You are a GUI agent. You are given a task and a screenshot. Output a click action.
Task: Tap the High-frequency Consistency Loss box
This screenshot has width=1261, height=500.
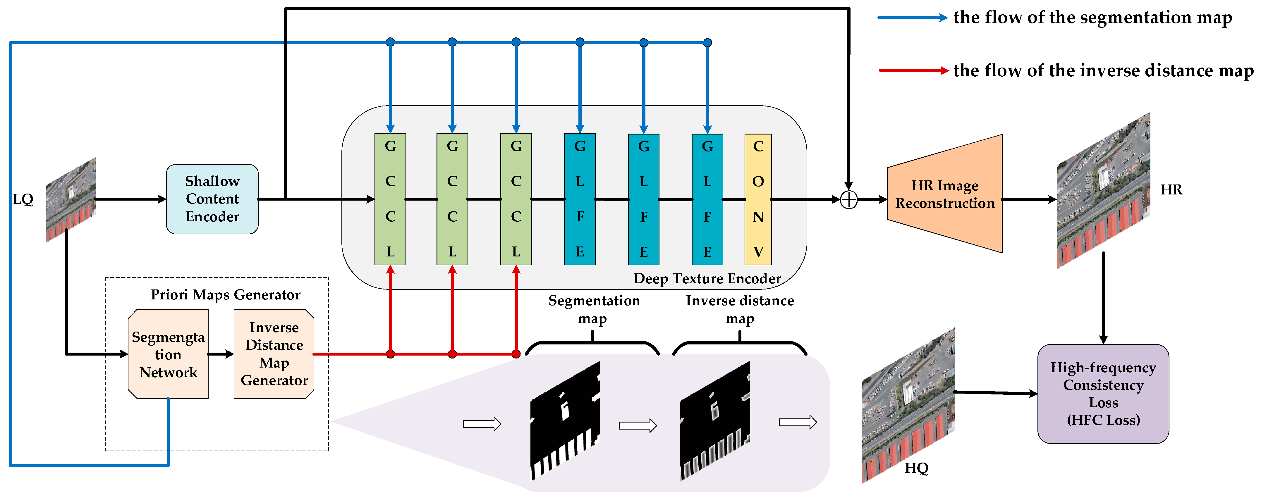(x=1103, y=394)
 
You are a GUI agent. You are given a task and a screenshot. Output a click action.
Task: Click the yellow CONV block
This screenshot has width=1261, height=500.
(x=758, y=199)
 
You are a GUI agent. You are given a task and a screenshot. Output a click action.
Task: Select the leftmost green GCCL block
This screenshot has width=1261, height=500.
(x=390, y=199)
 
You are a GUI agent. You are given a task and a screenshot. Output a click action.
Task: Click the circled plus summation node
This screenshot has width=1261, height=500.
(x=848, y=200)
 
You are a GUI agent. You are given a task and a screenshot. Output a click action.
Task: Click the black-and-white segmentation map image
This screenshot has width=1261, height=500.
(x=565, y=421)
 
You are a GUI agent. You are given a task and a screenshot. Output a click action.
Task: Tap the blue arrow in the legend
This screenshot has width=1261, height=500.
(x=913, y=18)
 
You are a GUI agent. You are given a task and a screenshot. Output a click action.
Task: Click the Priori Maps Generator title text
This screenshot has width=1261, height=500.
(x=225, y=294)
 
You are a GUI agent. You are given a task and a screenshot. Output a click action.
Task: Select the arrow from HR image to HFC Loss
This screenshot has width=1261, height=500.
(x=1103, y=299)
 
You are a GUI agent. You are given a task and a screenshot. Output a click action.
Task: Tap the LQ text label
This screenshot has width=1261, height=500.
(x=23, y=199)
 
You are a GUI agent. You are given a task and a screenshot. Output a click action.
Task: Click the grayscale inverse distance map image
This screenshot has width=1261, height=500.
(x=715, y=421)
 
